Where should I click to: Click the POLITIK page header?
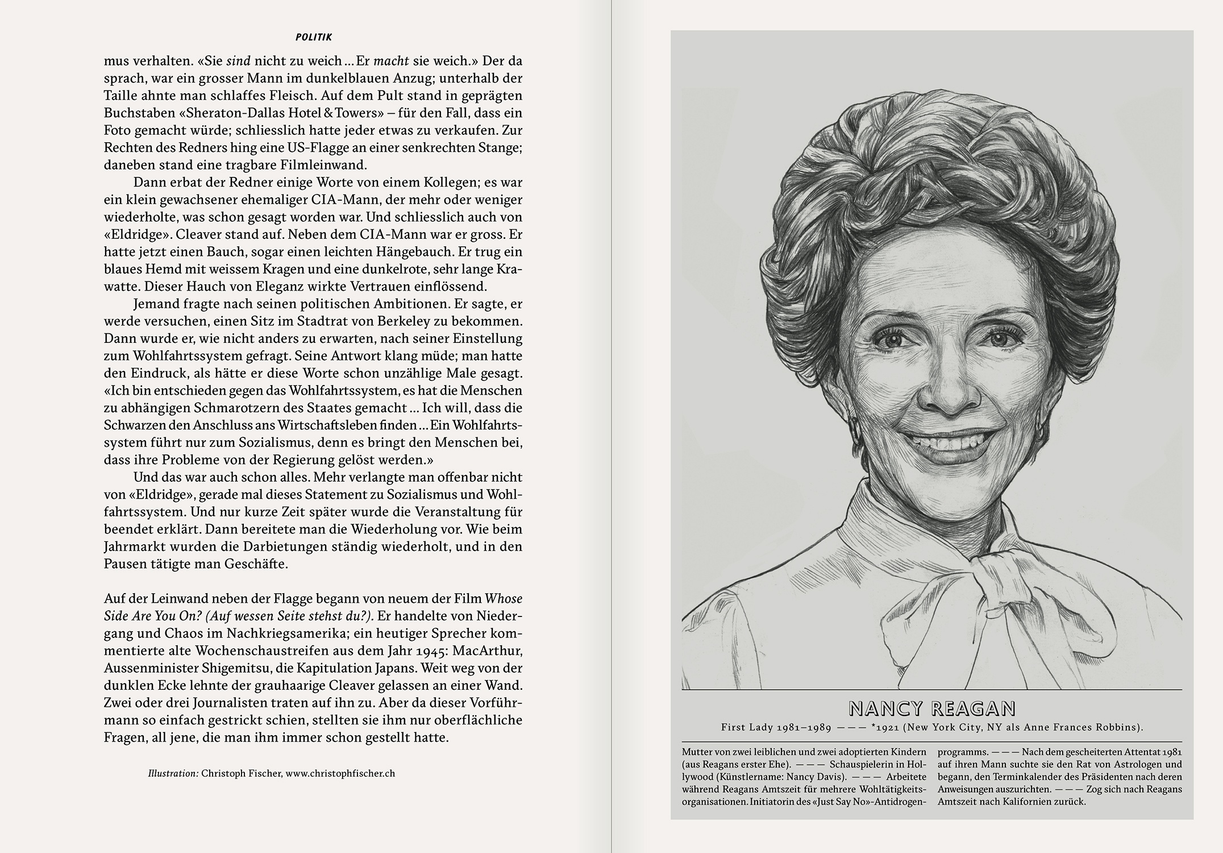pos(314,38)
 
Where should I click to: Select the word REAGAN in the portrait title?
pos(974,709)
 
